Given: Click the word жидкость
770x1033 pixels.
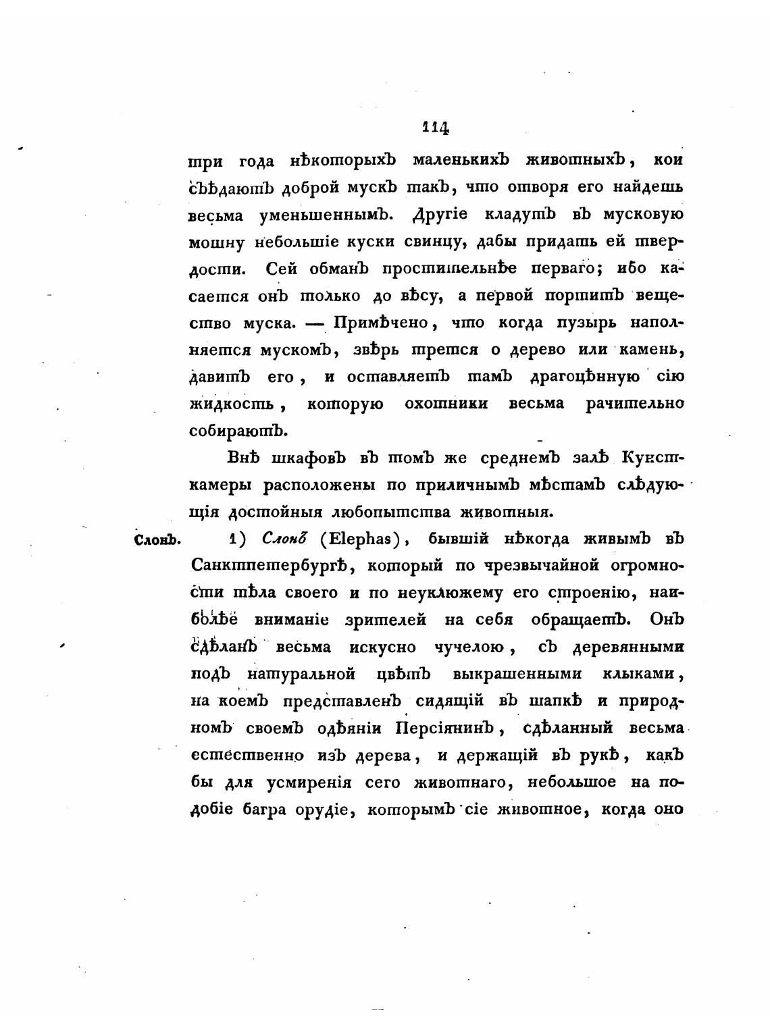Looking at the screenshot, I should (231, 404).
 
